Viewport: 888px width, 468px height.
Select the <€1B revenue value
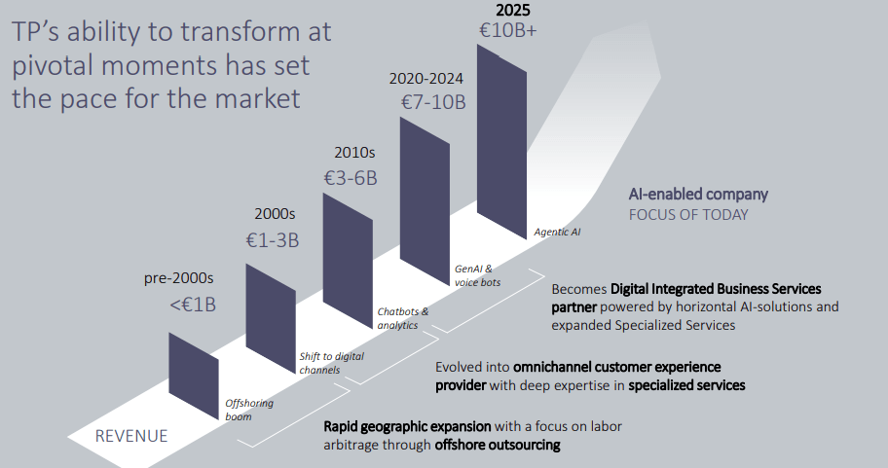pyautogui.click(x=193, y=305)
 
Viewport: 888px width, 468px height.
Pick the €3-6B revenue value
pyautogui.click(x=350, y=178)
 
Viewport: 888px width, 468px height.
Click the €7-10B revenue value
pyautogui.click(x=433, y=101)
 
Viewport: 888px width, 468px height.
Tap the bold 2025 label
pyautogui.click(x=513, y=10)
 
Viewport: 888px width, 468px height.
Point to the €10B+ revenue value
pyautogui.click(x=507, y=31)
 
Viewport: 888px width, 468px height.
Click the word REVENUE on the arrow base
pyautogui.click(x=131, y=436)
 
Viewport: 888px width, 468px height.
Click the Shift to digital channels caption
pyautogui.click(x=331, y=363)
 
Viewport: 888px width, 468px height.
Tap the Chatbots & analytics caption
pyautogui.click(x=403, y=318)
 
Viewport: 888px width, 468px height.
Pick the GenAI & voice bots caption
pyautogui.click(x=478, y=275)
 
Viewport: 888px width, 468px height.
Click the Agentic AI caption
pyautogui.click(x=558, y=232)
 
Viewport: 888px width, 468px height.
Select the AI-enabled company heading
pyautogui.click(x=697, y=194)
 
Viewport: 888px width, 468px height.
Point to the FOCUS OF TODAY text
pyautogui.click(x=688, y=214)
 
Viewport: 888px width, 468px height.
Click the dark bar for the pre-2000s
pyautogui.click(x=194, y=376)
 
